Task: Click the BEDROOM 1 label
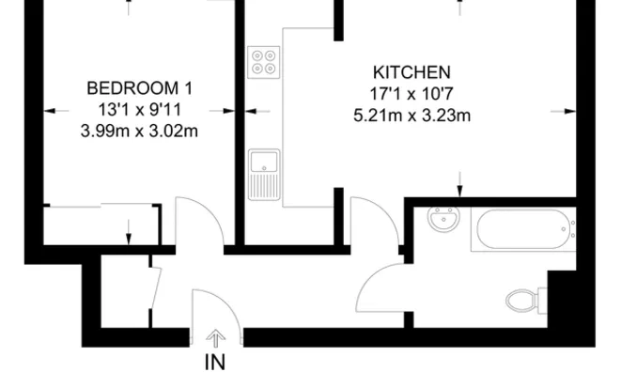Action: (139, 88)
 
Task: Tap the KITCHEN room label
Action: (411, 72)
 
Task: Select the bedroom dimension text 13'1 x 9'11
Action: (139, 109)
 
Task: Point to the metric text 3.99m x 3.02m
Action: (139, 130)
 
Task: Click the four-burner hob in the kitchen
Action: (264, 62)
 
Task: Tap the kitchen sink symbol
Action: (264, 175)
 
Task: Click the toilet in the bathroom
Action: (522, 302)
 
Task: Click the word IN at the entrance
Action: (215, 360)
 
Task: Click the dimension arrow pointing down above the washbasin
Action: (459, 181)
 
